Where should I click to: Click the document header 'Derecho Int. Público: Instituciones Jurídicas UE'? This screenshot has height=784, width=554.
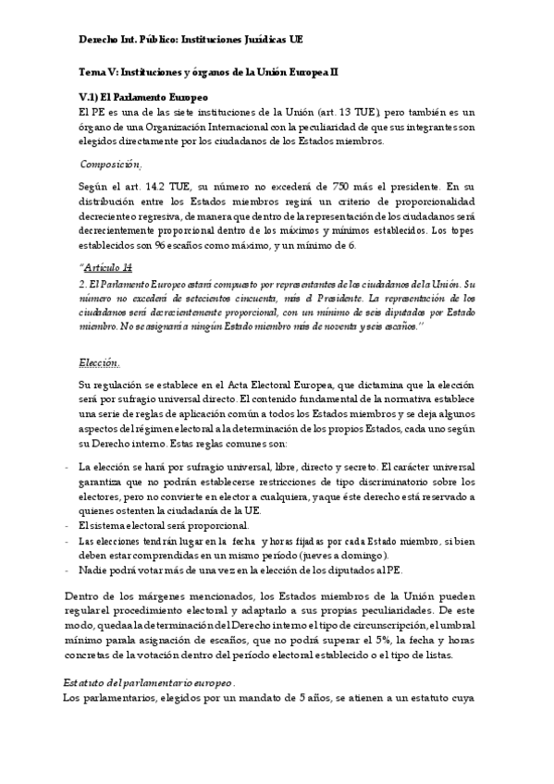click(190, 40)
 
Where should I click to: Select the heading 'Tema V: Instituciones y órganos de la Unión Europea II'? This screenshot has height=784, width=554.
click(208, 71)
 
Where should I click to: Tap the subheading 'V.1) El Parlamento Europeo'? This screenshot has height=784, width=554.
click(143, 97)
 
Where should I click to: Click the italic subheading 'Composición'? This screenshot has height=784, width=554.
click(110, 164)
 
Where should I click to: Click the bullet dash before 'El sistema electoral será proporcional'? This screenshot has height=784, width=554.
click(68, 525)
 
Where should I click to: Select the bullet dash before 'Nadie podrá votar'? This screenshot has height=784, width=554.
click(68, 570)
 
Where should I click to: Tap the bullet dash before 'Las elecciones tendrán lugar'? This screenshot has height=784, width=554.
click(68, 540)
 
